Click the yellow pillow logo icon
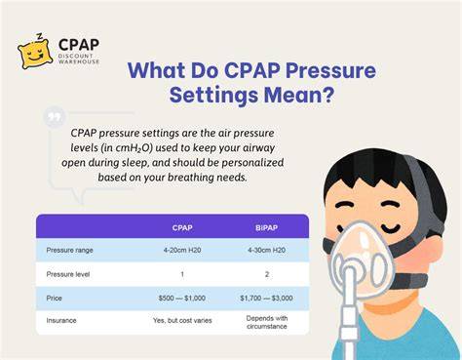tap(35, 52)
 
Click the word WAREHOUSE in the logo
tap(79, 61)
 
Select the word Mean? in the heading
tap(299, 96)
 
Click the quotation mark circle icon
tap(55, 117)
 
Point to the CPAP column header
tap(182, 227)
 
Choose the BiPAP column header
tap(266, 227)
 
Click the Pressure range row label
tap(69, 250)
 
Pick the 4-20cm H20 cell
tap(182, 250)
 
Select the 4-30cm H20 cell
tap(266, 250)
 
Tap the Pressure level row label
tap(68, 274)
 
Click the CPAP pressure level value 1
tap(182, 274)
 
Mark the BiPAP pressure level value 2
tap(267, 274)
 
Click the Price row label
tap(54, 298)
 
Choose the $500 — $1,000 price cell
tap(182, 298)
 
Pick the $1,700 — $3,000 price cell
tap(266, 298)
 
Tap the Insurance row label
tap(61, 320)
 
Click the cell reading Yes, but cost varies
tap(182, 320)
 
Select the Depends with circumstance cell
tap(267, 322)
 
